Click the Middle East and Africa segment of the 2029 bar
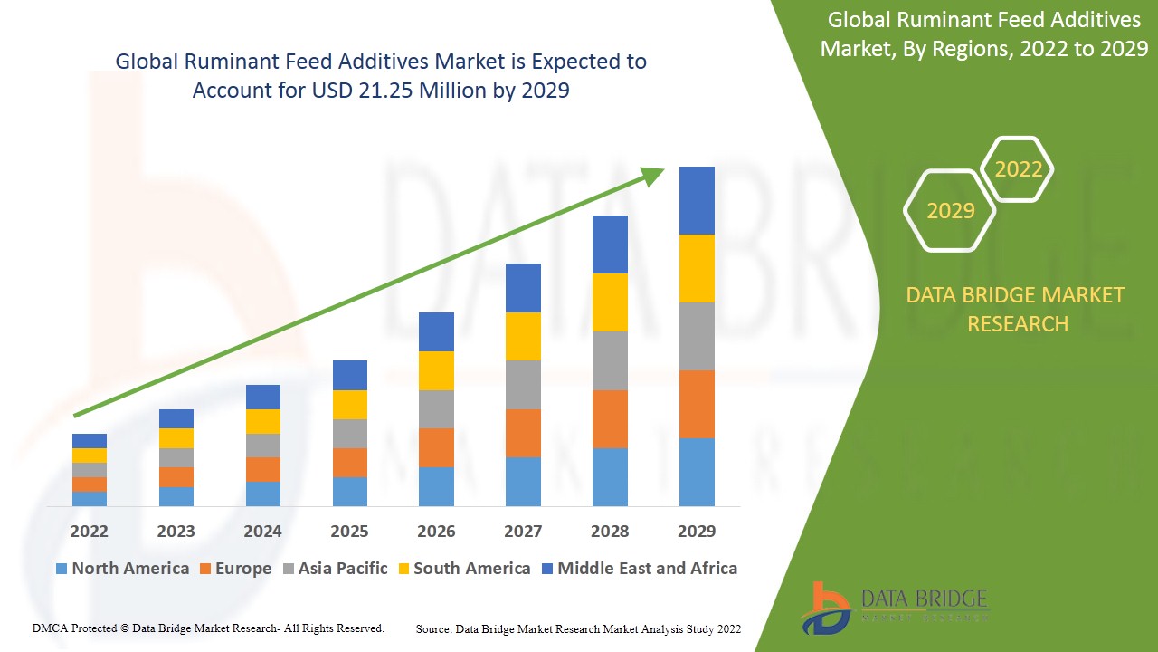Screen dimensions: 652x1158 [697, 200]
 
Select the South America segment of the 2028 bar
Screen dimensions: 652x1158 [610, 302]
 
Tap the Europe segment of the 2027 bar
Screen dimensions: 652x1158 [523, 433]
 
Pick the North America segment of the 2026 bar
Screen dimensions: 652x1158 [436, 486]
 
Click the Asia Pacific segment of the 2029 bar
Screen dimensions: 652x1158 [697, 336]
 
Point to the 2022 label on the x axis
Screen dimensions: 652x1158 [89, 531]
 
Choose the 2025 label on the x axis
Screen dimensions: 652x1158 [349, 531]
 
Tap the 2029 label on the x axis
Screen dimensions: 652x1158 [697, 531]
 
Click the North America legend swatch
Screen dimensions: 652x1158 [62, 569]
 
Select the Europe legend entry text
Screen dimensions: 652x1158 [242, 569]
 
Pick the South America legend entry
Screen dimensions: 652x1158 [471, 569]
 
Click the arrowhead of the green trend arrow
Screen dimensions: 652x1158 [654, 174]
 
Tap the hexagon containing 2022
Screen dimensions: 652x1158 [1018, 169]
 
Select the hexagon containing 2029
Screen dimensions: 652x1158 [950, 211]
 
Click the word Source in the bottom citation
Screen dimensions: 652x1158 [433, 628]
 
